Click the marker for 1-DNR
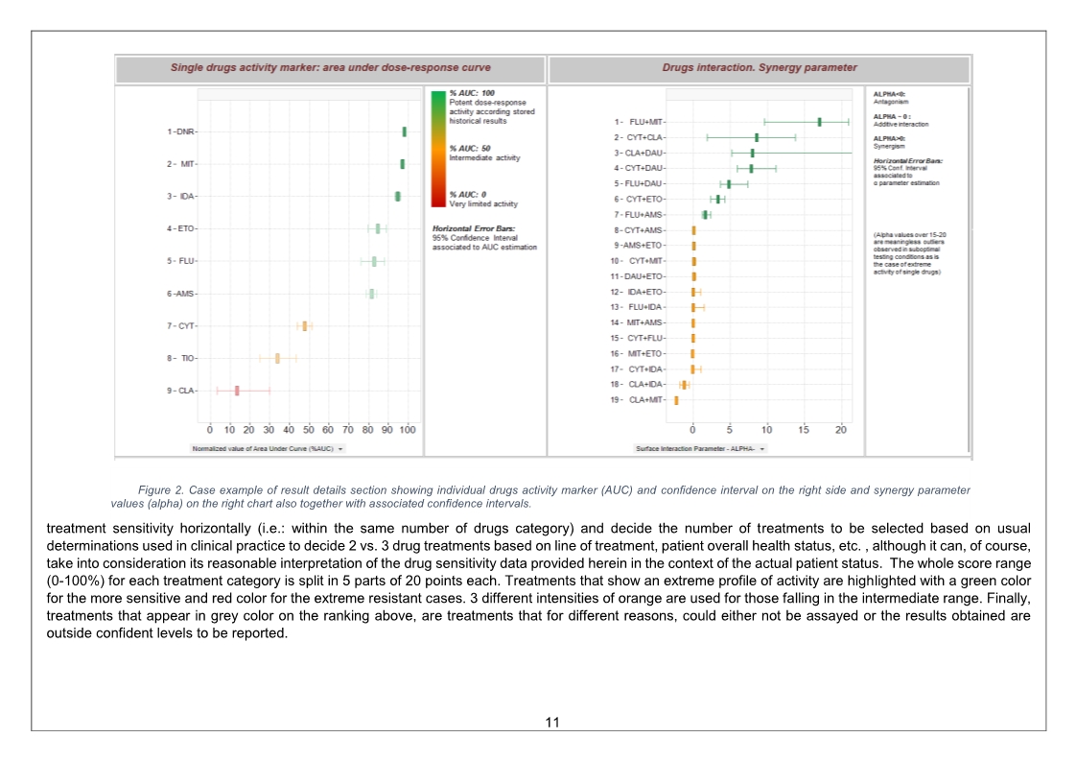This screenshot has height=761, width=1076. [405, 131]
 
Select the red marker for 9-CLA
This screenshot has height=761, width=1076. [237, 391]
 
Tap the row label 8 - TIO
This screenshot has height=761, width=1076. [181, 358]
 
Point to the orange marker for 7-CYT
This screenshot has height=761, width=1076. [305, 326]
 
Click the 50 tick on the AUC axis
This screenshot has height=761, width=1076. [309, 430]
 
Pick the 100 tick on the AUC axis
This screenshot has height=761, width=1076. [408, 430]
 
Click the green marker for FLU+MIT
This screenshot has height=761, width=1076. [819, 122]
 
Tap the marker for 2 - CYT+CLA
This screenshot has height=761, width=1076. [757, 137]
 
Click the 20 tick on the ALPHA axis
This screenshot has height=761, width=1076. [841, 430]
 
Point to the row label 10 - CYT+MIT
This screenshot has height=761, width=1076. [641, 261]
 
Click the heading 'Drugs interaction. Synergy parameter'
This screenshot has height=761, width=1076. [760, 68]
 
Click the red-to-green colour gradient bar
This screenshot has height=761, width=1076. [438, 149]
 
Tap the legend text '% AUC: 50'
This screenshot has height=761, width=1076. [470, 149]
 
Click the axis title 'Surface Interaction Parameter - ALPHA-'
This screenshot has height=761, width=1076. [698, 448]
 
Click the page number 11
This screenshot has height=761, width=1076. [551, 722]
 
